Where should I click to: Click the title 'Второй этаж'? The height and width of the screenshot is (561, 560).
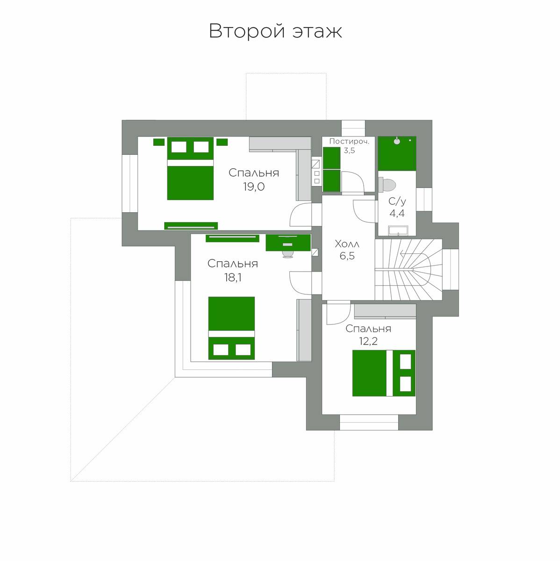[275, 31]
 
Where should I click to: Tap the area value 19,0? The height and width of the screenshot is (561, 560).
[254, 187]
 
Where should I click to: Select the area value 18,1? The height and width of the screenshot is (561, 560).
[233, 277]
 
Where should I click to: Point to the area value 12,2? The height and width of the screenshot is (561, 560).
[368, 341]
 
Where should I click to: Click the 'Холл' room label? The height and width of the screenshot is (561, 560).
[347, 244]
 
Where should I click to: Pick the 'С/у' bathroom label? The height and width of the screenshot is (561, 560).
[397, 201]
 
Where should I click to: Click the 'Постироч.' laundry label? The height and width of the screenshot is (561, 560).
[349, 142]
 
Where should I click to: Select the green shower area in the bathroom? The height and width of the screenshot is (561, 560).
[397, 153]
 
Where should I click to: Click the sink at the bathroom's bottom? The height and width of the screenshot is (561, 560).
[398, 230]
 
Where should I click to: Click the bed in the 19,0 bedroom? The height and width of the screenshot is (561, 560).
[190, 168]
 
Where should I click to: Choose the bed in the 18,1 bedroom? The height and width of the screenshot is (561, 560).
[231, 328]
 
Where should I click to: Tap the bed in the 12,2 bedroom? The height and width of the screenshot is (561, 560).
[384, 373]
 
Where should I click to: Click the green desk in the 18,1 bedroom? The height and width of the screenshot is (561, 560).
[288, 243]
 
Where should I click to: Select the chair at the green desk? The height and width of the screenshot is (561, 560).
[288, 253]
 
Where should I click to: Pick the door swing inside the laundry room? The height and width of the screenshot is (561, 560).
[352, 182]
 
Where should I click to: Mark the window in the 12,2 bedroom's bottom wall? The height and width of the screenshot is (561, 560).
[369, 422]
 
